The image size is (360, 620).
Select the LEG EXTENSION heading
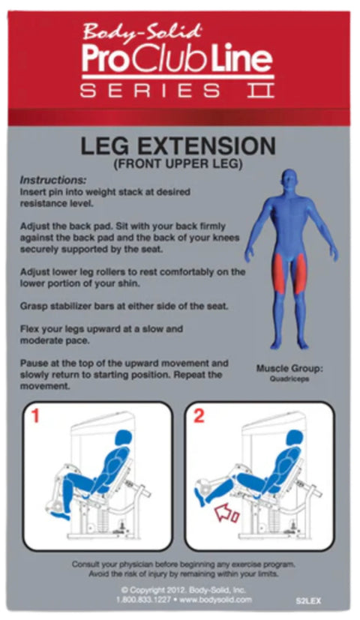point(178,145)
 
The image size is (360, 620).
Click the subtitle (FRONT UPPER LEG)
point(178,163)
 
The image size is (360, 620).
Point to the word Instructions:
point(52,181)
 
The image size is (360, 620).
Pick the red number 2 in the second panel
point(199,416)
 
